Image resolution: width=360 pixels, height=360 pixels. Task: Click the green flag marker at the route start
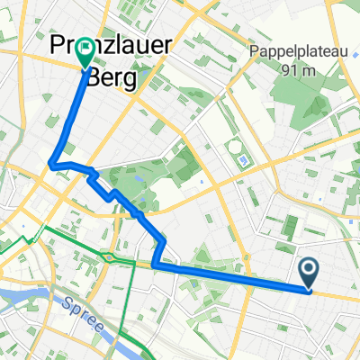coord(86,52)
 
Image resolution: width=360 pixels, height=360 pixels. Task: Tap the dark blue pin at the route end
coord(308,272)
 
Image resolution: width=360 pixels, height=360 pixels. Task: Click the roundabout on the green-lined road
coord(109,258)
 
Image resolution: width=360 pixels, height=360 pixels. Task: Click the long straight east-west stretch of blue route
coord(234,278)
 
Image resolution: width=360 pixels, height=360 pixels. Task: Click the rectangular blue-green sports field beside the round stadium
coord(246,161)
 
